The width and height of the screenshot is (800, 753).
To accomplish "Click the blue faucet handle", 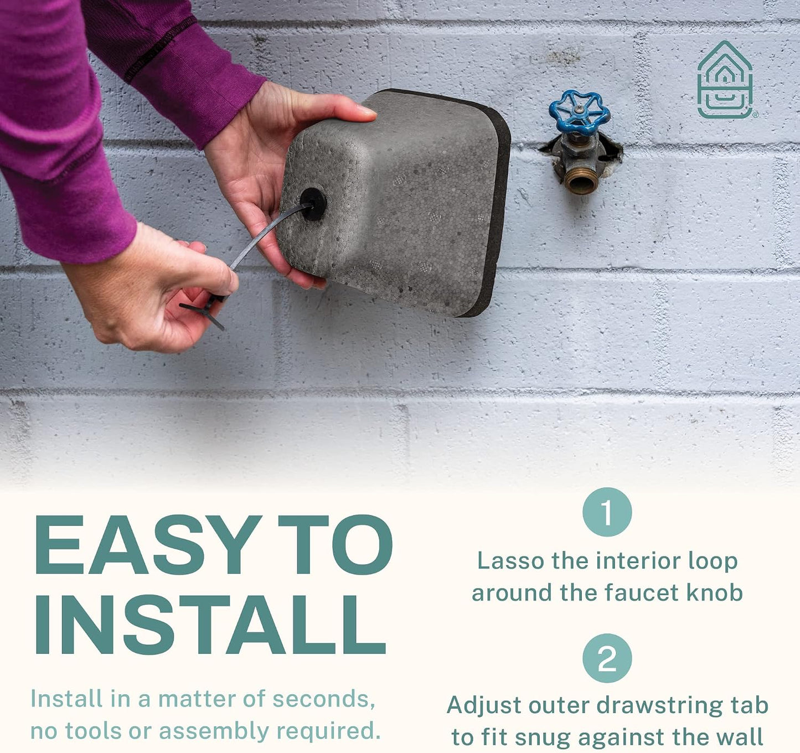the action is pos(579,112).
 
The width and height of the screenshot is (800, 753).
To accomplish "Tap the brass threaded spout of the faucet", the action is pos(580,181).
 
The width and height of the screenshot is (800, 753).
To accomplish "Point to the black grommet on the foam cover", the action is pos(313,204).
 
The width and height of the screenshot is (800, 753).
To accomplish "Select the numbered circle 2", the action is pos(607,658).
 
